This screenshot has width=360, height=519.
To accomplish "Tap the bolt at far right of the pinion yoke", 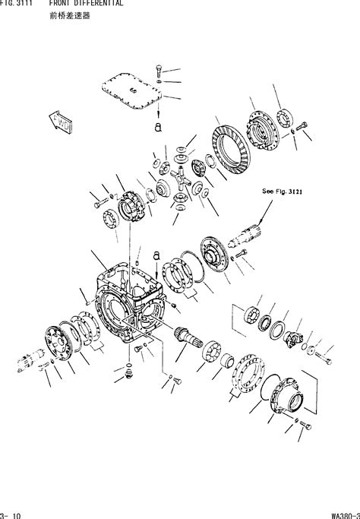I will tap(323, 354).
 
